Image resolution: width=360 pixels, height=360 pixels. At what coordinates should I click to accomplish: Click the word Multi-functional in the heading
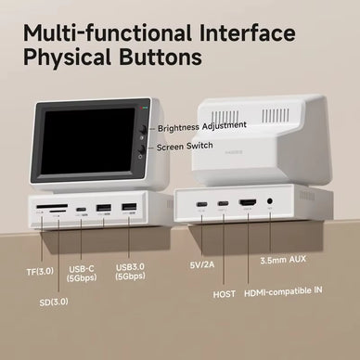pyautogui.click(x=108, y=32)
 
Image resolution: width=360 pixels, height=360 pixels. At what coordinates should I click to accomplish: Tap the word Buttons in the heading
pyautogui.click(x=161, y=58)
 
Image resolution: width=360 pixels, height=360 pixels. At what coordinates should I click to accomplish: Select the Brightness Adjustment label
pyautogui.click(x=202, y=126)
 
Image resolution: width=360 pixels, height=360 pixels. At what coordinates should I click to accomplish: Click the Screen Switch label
pyautogui.click(x=185, y=147)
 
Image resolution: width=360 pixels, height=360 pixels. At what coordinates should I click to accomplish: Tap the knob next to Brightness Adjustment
pyautogui.click(x=144, y=129)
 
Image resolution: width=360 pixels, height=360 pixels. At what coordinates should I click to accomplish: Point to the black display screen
pyautogui.click(x=88, y=141)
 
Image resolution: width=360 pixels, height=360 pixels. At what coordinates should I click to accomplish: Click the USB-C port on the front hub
pyautogui.click(x=81, y=209)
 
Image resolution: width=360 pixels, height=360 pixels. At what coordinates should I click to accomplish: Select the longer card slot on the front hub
pyautogui.click(x=52, y=206)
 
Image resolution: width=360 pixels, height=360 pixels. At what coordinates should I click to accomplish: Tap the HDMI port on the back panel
pyautogui.click(x=248, y=203)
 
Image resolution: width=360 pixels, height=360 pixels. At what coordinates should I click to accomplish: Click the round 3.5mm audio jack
pyautogui.click(x=270, y=201)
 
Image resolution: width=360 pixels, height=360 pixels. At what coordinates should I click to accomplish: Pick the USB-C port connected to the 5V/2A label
pyautogui.click(x=201, y=204)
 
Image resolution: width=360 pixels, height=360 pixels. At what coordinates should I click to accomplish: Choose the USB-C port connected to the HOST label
pyautogui.click(x=223, y=203)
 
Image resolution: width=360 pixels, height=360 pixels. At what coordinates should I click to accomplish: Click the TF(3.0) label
pyautogui.click(x=40, y=272)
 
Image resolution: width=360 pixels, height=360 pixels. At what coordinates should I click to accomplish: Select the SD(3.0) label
pyautogui.click(x=54, y=302)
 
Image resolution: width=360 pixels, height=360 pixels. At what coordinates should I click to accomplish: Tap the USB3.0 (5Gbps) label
pyautogui.click(x=130, y=272)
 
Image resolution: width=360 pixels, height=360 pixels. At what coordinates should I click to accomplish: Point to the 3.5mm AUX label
pyautogui.click(x=283, y=260)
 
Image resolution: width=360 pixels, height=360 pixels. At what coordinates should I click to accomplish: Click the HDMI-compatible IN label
pyautogui.click(x=283, y=291)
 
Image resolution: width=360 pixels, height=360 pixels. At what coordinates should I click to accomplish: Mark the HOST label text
pyautogui.click(x=225, y=294)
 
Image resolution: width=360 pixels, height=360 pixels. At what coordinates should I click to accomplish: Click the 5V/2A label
pyautogui.click(x=202, y=264)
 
